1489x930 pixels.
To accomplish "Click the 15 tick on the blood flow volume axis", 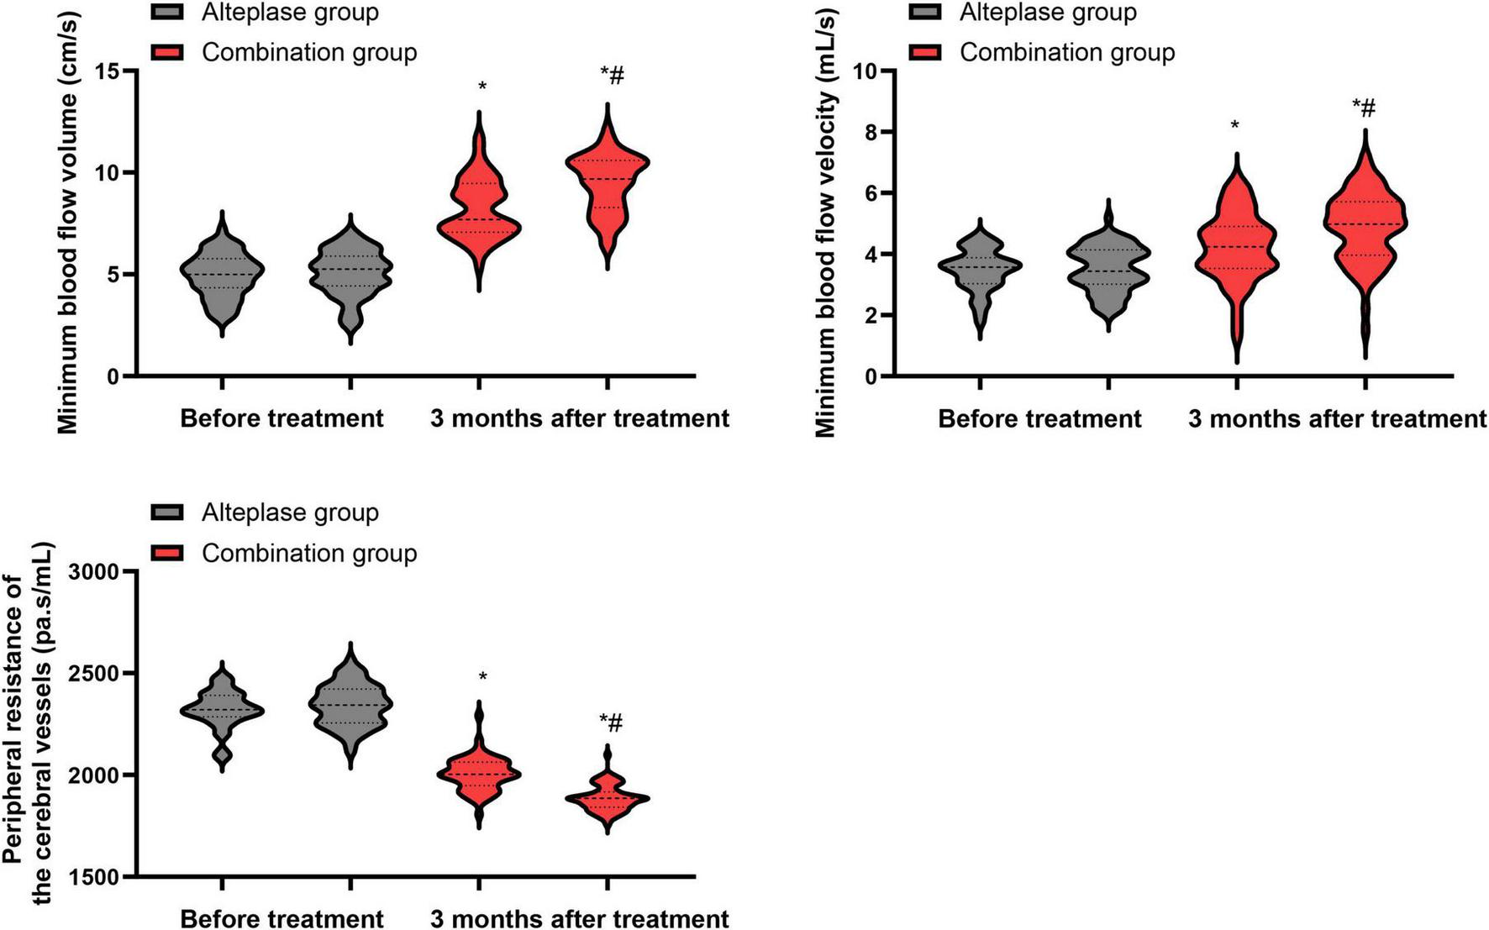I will pos(106,71).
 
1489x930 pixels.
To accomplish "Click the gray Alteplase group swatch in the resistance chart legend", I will pos(167,512).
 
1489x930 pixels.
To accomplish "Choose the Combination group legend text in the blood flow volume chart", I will pos(309,52).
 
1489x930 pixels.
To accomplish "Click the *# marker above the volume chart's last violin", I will pos(613,76).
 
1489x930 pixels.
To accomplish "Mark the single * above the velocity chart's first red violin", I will pos(1235,126).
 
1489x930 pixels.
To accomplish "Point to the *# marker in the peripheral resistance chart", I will pos(611,722).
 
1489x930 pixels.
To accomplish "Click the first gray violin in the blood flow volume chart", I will pos(222,273).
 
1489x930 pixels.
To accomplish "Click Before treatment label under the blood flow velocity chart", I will pos(1039,418).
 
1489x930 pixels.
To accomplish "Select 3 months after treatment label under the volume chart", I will pos(580,418).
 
